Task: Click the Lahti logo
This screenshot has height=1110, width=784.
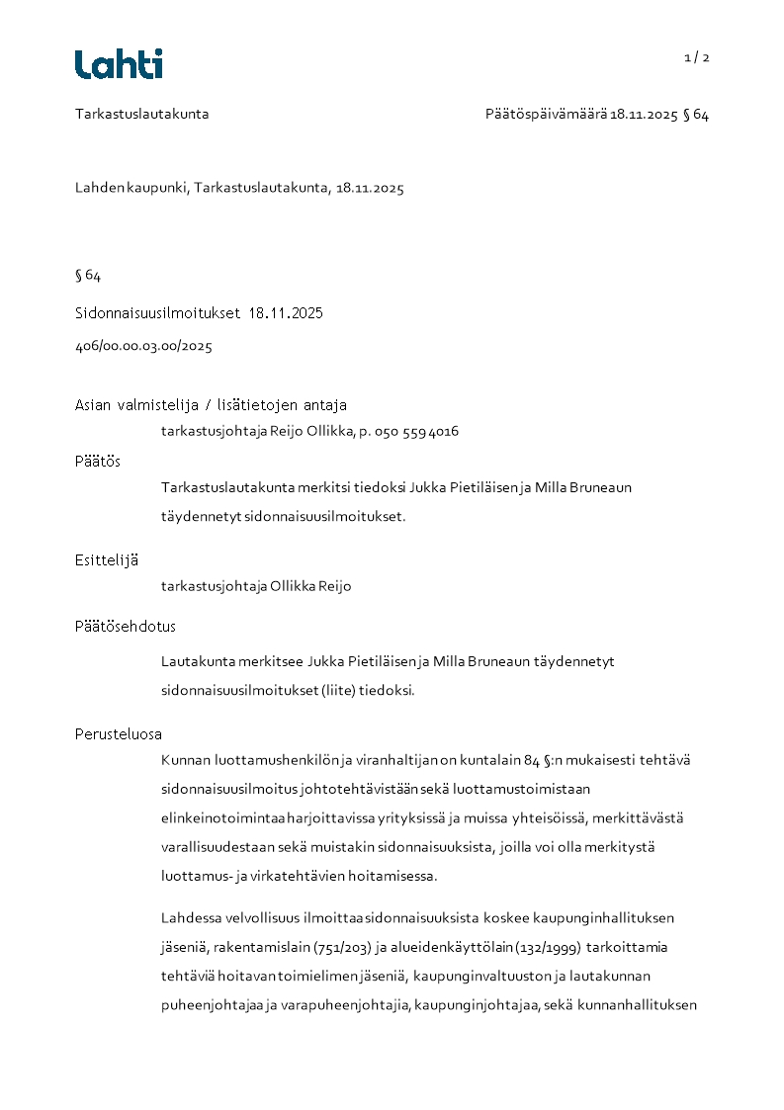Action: [119, 64]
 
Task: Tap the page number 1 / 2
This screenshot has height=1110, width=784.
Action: [697, 57]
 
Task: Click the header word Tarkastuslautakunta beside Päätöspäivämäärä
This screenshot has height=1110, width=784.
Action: [141, 114]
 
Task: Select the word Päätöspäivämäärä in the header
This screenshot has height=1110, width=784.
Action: [546, 115]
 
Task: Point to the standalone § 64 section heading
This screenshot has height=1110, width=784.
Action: [88, 275]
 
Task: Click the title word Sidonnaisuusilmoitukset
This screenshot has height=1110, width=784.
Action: [157, 313]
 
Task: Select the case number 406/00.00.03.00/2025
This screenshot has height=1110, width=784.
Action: [143, 346]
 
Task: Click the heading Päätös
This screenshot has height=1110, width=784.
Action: [98, 461]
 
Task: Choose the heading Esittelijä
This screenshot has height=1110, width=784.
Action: [107, 559]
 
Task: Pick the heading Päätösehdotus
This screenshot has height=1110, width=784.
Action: [126, 626]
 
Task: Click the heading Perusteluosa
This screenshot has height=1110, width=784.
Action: [119, 734]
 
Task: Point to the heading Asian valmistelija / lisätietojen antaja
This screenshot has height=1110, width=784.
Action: [211, 405]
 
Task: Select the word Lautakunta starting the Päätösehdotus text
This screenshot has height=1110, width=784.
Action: [195, 661]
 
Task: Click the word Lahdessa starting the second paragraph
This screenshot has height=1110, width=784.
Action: [190, 917]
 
